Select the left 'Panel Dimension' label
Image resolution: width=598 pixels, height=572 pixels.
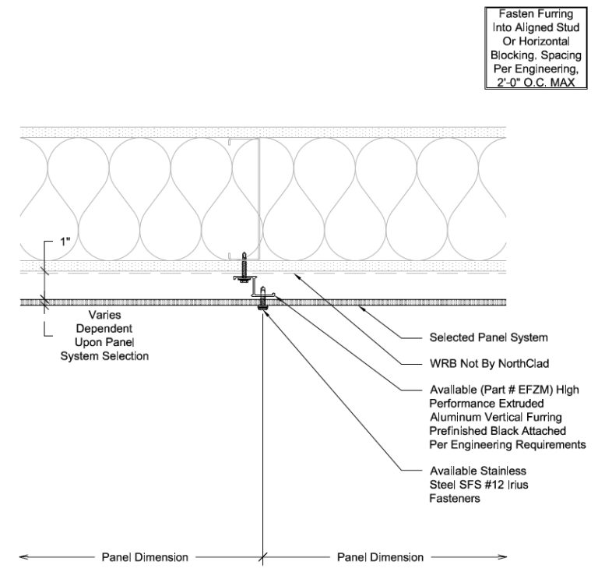145,557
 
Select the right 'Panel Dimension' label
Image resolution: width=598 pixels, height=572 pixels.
380,557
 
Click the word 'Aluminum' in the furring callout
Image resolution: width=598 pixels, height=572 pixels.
454,417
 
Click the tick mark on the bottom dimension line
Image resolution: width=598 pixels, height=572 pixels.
263,557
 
